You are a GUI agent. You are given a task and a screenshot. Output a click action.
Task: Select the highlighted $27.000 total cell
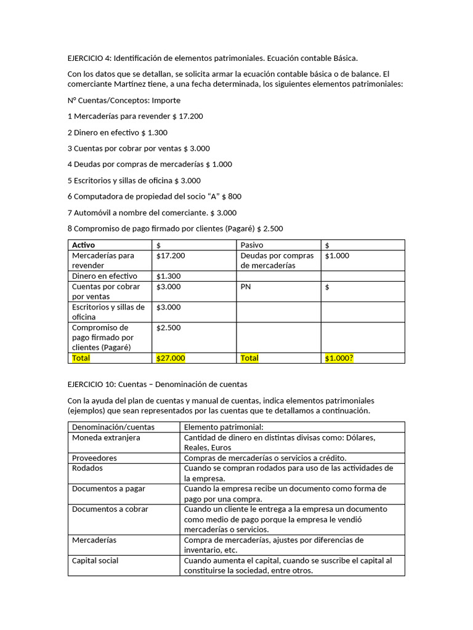click(x=171, y=357)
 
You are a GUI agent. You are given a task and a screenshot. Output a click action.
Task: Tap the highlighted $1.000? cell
click(x=339, y=357)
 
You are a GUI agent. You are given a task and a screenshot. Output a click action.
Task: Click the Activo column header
click(x=84, y=245)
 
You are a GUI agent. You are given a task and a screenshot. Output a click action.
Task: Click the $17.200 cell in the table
click(x=171, y=255)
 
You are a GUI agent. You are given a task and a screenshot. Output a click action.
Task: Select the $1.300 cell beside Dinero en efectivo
click(x=168, y=276)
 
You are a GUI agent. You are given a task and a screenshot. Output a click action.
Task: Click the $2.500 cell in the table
click(x=168, y=328)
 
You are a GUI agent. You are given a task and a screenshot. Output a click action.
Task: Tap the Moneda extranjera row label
click(x=106, y=437)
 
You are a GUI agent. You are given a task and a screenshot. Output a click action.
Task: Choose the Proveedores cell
click(x=94, y=458)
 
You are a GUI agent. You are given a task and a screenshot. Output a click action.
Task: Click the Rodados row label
click(x=87, y=468)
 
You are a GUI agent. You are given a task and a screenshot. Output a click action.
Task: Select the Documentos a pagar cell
click(x=108, y=489)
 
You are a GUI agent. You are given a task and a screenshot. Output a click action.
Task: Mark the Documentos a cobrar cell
click(x=110, y=509)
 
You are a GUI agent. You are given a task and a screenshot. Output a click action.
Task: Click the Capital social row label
click(x=95, y=560)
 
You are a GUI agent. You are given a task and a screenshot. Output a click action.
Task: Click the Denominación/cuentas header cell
click(x=113, y=427)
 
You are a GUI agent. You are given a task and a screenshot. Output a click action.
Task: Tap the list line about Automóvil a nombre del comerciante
click(x=152, y=213)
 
